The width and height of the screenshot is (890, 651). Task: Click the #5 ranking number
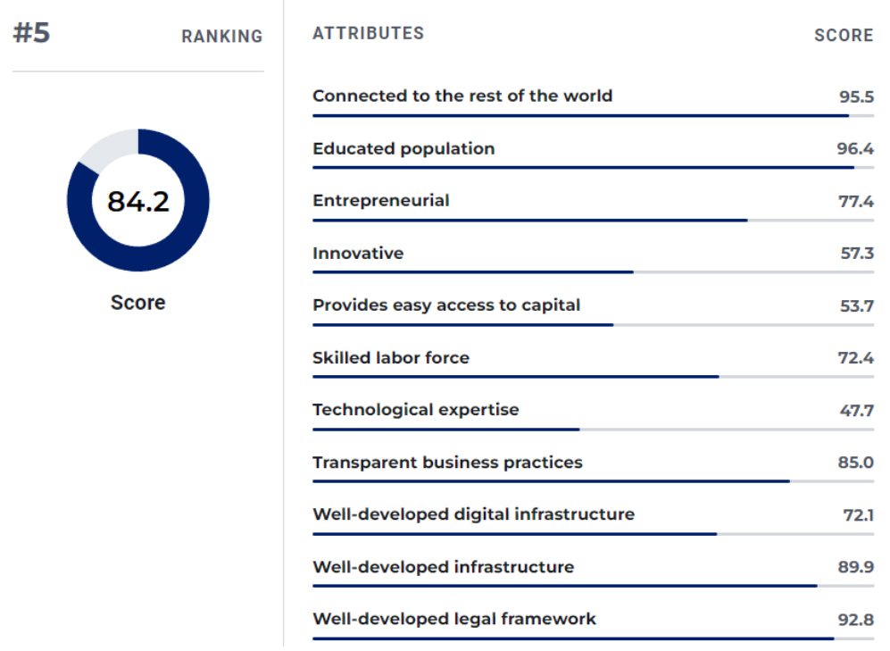coord(31,33)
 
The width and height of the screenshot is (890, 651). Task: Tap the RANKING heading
coord(222,37)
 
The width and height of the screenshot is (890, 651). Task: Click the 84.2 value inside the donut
coord(138,201)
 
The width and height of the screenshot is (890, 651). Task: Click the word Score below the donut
coord(138,303)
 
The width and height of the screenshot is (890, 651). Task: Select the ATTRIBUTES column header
coord(368,33)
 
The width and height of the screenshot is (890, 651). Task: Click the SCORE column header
coord(844,36)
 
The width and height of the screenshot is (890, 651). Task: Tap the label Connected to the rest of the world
coord(462,96)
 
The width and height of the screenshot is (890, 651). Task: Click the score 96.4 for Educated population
coord(854,149)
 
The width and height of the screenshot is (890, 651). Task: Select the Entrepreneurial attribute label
coord(381,201)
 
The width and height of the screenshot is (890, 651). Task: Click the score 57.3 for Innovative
coord(856,254)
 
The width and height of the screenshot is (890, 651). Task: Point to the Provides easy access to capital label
coord(446,305)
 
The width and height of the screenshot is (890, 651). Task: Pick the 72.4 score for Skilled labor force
coord(855,358)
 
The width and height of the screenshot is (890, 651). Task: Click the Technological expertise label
coord(415,410)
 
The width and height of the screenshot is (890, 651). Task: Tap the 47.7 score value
coord(856,411)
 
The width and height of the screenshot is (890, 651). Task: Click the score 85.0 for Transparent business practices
coord(855,463)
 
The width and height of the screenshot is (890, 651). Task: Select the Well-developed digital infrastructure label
coord(473,514)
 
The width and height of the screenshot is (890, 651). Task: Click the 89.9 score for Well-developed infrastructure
coord(855,567)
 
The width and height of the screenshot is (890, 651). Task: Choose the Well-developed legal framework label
coord(454,619)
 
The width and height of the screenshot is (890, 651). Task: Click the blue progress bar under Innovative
coord(473,272)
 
